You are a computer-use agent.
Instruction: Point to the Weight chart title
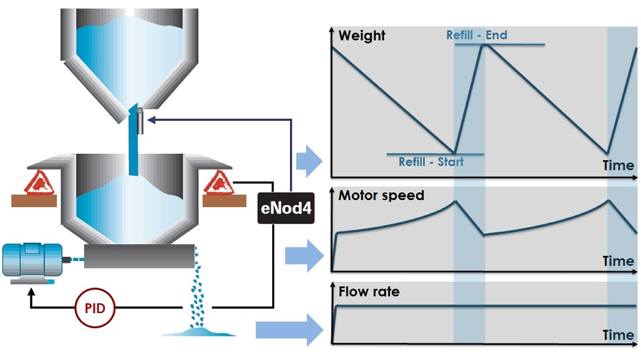point(362,35)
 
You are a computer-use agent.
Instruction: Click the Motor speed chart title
point(381,196)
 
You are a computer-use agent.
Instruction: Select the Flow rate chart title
point(369,292)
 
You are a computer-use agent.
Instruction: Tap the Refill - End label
point(476,35)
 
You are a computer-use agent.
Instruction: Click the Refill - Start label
point(431,162)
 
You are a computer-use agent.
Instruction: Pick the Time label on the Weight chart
point(618,165)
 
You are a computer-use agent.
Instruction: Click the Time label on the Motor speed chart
point(618,261)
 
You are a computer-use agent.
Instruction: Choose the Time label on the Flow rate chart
point(618,335)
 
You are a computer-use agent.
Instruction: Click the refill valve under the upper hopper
point(140,120)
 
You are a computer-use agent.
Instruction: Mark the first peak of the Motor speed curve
point(455,201)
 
